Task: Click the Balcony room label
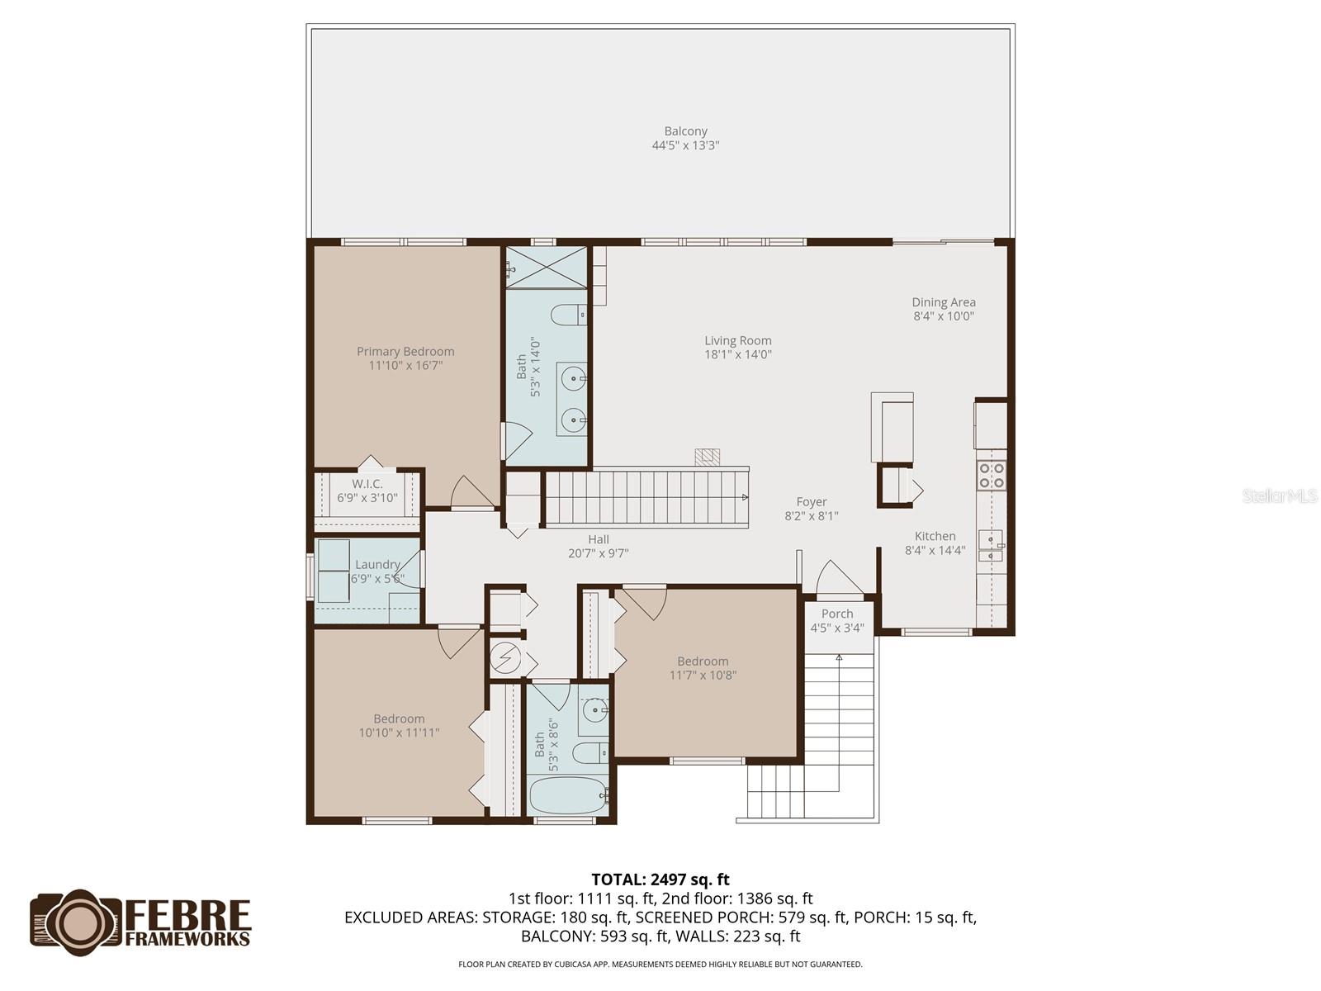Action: point(685,131)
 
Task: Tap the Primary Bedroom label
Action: point(405,351)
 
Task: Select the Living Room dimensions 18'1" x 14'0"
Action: point(738,355)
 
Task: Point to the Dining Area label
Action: point(944,302)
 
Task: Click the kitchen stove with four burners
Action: point(991,475)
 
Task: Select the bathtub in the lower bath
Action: point(567,795)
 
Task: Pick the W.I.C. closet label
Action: point(367,484)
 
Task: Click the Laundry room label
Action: point(377,565)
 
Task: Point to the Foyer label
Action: point(812,501)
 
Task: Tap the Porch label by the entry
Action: point(837,614)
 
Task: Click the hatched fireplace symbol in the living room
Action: point(708,457)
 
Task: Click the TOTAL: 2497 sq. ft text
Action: point(660,880)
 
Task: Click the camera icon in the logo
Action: point(78,923)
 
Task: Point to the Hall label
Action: point(599,539)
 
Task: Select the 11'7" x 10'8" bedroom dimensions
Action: point(703,676)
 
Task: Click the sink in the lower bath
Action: point(595,709)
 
